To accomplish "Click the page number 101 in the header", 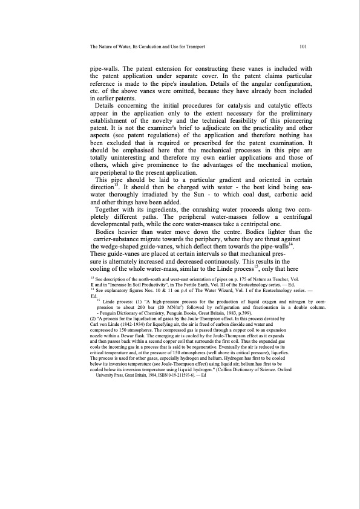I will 304,46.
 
